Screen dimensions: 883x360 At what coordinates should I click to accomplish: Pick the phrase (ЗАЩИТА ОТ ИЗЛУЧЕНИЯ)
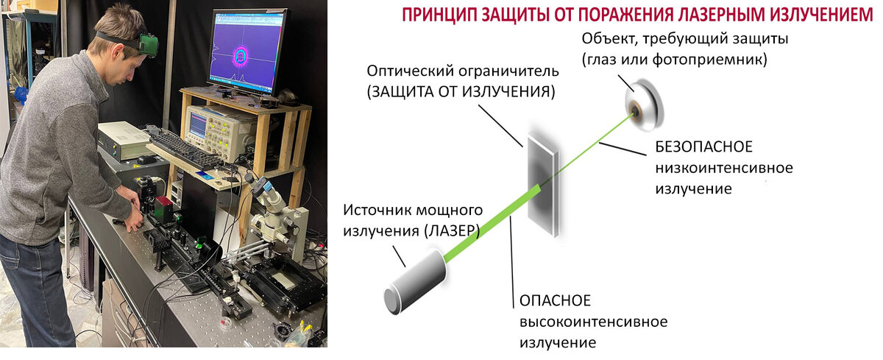point(461,92)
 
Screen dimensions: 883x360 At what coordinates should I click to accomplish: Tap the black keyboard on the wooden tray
point(184,147)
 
